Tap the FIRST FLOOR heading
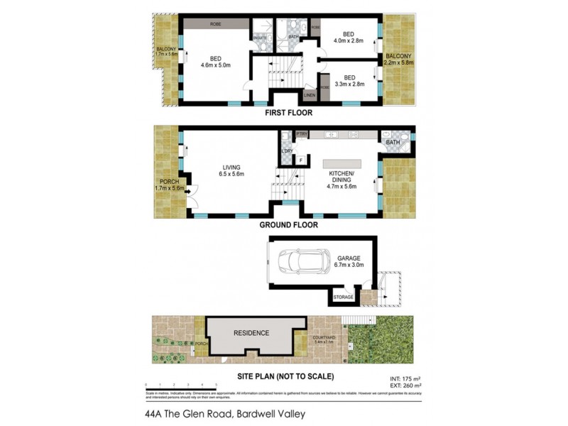[288, 113]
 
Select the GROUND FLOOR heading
[288, 225]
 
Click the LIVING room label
[232, 169]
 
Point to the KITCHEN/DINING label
[342, 177]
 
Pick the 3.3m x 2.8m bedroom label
[348, 80]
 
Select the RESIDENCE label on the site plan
[252, 333]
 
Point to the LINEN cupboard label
[309, 94]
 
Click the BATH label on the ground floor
[393, 143]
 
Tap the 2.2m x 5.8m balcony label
[398, 59]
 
